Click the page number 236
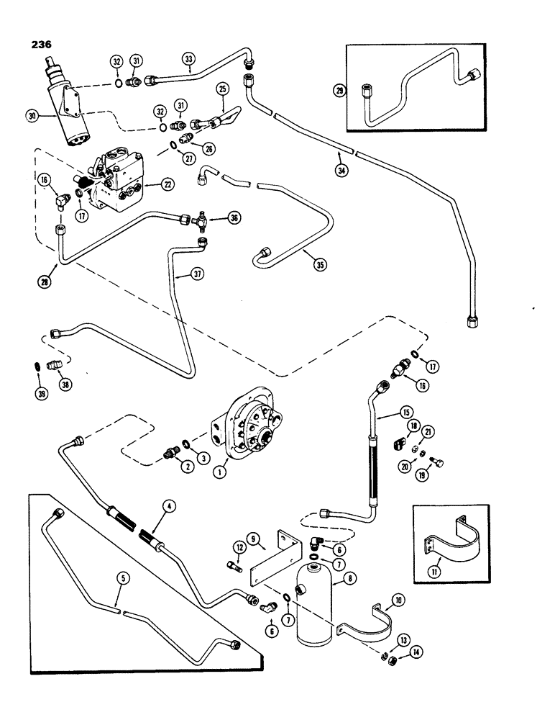(42, 42)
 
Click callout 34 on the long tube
(341, 173)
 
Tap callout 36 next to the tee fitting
(233, 217)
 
